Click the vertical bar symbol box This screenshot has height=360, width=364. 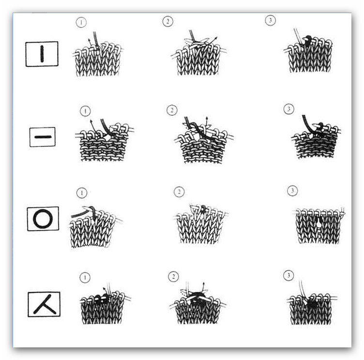tap(42, 54)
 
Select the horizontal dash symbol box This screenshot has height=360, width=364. tap(43, 137)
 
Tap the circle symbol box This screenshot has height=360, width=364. tap(43, 219)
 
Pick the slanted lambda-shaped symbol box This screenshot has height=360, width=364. tap(44, 304)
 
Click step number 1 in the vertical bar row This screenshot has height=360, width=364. tap(81, 23)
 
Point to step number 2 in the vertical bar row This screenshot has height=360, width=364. tap(167, 22)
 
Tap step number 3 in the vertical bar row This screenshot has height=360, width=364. tap(270, 20)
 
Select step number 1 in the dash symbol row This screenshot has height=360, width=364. tap(85, 111)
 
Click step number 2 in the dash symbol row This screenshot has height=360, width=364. tap(172, 110)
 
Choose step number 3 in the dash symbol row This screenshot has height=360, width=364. tap(289, 109)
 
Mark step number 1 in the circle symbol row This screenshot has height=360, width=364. tap(81, 193)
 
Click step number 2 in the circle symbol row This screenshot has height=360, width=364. tap(179, 192)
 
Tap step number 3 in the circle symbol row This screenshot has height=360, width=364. tap(292, 191)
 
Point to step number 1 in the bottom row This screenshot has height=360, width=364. tap(85, 278)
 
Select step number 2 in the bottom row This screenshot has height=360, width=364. tap(173, 277)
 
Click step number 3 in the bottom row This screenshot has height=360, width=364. tap(288, 275)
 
